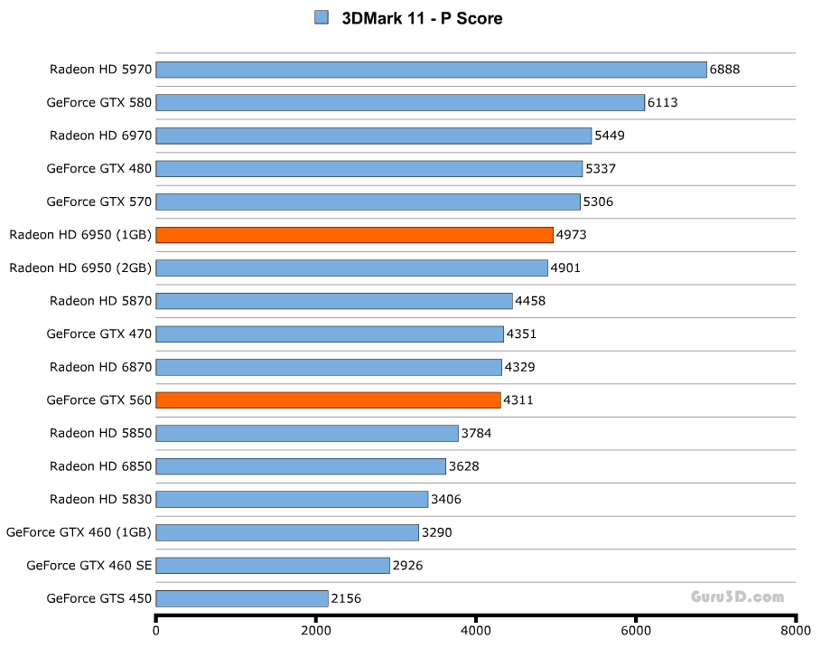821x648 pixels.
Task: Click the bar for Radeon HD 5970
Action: (x=431, y=70)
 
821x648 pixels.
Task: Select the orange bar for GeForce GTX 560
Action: (x=328, y=399)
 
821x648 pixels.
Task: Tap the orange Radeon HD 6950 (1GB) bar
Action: (x=354, y=235)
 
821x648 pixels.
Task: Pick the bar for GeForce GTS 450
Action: (x=242, y=598)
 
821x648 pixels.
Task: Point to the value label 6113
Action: (x=662, y=103)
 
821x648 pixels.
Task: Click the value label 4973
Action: (x=571, y=235)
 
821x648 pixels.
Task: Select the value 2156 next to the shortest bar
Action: (x=346, y=598)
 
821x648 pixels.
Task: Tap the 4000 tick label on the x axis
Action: (x=476, y=631)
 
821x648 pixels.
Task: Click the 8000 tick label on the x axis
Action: (x=796, y=631)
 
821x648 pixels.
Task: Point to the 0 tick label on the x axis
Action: (x=156, y=631)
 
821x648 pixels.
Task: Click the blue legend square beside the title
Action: (x=322, y=17)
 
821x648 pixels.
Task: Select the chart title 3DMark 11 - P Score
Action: (x=422, y=18)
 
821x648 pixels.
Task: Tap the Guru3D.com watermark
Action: (x=737, y=596)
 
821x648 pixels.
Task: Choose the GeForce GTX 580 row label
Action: (x=99, y=103)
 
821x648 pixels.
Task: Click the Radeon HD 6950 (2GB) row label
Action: (x=80, y=268)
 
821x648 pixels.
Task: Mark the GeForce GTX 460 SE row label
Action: (x=89, y=566)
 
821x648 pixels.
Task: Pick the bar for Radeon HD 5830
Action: (x=292, y=499)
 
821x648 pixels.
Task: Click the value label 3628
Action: (x=464, y=466)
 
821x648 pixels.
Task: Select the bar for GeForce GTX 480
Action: (x=369, y=169)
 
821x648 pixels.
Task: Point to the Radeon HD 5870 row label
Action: (x=101, y=301)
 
